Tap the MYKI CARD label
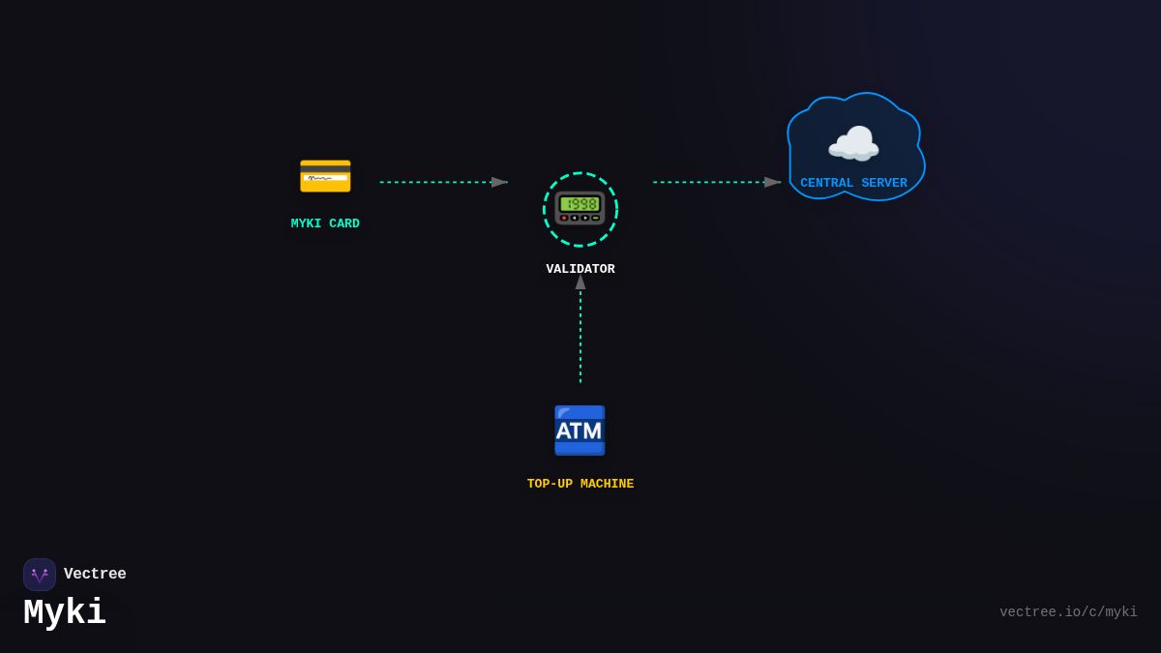[325, 224]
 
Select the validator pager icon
[580, 208]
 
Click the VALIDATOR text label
[580, 270]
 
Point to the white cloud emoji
[853, 144]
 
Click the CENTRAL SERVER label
[853, 184]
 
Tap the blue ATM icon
[580, 430]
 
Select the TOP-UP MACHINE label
[580, 485]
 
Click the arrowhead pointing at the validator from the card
[499, 182]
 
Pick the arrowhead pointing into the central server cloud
[772, 182]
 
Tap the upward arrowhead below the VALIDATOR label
[580, 282]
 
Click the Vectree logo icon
[40, 575]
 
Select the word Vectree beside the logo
[95, 575]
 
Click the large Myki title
[65, 612]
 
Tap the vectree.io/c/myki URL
[1068, 612]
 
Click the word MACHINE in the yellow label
[607, 485]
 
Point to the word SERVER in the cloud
[884, 184]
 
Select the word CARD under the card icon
[344, 224]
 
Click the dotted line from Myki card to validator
[435, 182]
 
